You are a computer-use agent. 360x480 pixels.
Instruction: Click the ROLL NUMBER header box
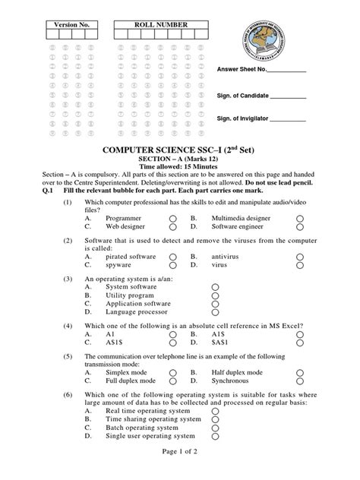pyautogui.click(x=160, y=25)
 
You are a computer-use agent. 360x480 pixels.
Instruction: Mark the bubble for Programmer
pyautogui.click(x=173, y=218)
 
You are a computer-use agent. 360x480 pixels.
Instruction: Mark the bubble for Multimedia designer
pyautogui.click(x=300, y=218)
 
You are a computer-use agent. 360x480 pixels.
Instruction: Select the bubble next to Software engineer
pyautogui.click(x=300, y=226)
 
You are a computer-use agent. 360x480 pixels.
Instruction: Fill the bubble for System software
pyautogui.click(x=216, y=288)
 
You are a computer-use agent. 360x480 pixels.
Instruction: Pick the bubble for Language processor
pyautogui.click(x=216, y=312)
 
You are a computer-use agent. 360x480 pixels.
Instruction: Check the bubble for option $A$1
pyautogui.click(x=300, y=343)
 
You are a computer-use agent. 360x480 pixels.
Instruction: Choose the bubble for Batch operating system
pyautogui.click(x=216, y=428)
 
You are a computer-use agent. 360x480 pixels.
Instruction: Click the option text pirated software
pyautogui.click(x=131, y=257)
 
